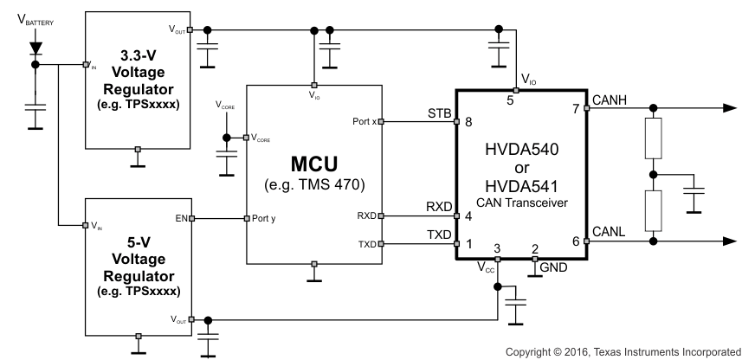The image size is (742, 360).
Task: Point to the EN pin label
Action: pos(181,218)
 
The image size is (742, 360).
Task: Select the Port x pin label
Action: pos(362,122)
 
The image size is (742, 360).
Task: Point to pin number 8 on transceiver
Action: pos(469,123)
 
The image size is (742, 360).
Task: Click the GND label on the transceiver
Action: pos(552,268)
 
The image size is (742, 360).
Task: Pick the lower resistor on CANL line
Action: pos(655,209)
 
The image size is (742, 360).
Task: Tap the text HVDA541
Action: pos(522,185)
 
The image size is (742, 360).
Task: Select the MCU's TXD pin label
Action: pos(367,245)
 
